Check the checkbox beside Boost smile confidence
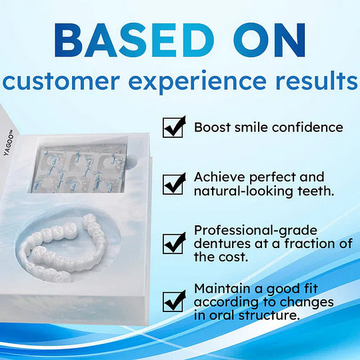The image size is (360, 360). pos(173,127)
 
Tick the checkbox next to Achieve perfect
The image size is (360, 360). pos(173,183)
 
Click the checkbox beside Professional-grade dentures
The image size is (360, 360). pos(173,243)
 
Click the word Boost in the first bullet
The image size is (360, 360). pos(212,127)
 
